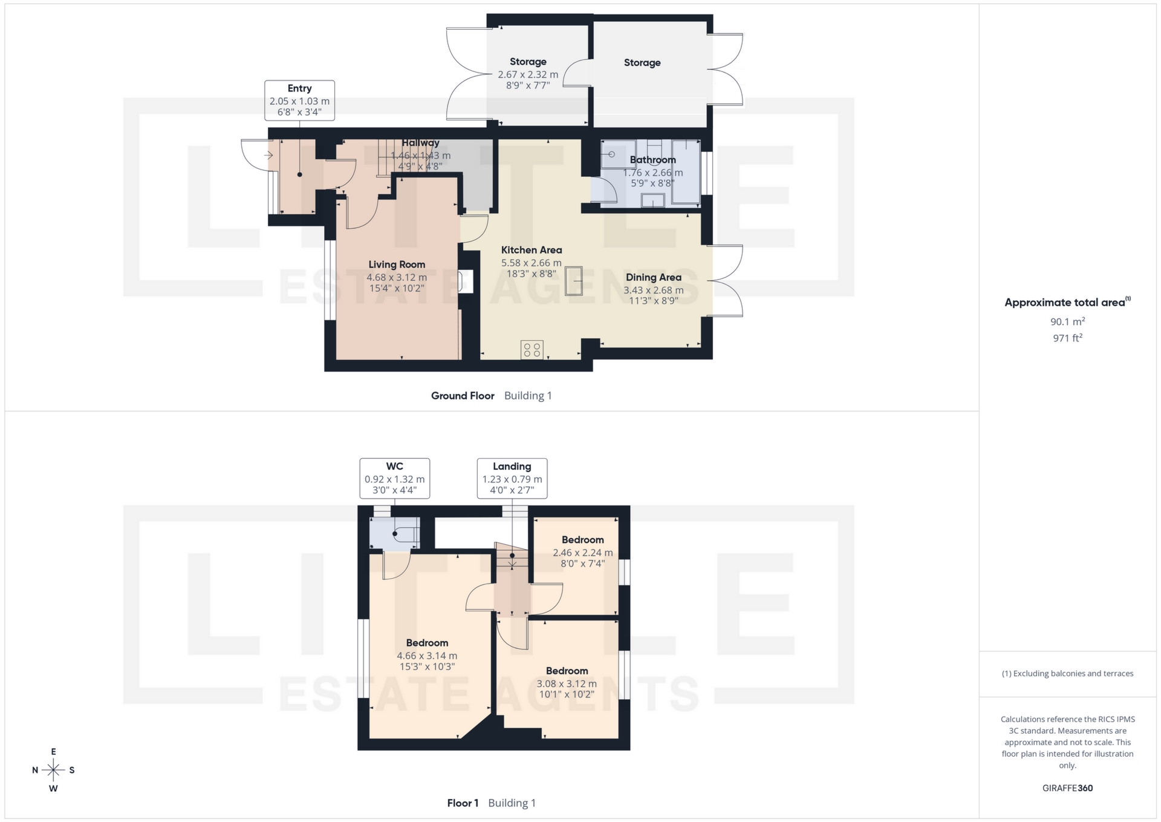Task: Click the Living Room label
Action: [397, 265]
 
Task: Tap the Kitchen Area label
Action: [531, 250]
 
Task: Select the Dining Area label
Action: [653, 277]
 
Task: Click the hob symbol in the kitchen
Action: [532, 349]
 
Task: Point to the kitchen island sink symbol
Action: [573, 281]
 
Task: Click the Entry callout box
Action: [299, 100]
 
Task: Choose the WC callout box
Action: [394, 478]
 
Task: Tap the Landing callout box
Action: [512, 478]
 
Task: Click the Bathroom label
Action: [652, 160]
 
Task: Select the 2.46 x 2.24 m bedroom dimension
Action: [582, 553]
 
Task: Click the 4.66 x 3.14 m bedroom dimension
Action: [427, 656]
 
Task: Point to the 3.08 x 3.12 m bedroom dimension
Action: [567, 683]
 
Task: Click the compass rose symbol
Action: [53, 770]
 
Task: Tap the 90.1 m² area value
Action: [1067, 321]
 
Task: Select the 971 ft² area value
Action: [1067, 338]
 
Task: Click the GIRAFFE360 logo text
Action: [1067, 788]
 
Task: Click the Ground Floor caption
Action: [463, 396]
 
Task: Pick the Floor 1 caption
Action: [463, 803]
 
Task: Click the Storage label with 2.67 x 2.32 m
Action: [528, 62]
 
